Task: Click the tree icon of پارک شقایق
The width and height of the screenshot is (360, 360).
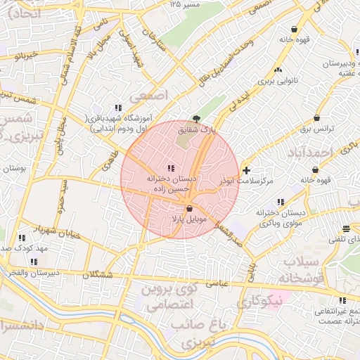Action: (195, 119)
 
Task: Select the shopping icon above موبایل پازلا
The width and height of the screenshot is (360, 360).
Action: (188, 208)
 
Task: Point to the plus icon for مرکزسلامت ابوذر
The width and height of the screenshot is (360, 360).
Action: (245, 170)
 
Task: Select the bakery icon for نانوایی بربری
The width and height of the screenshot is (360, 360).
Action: (278, 70)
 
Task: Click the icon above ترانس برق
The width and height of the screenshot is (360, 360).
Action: (318, 117)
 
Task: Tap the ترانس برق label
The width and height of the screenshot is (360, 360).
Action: (316, 129)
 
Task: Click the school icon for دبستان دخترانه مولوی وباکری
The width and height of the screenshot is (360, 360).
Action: (281, 202)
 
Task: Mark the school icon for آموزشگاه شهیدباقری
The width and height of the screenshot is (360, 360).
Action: (118, 108)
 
